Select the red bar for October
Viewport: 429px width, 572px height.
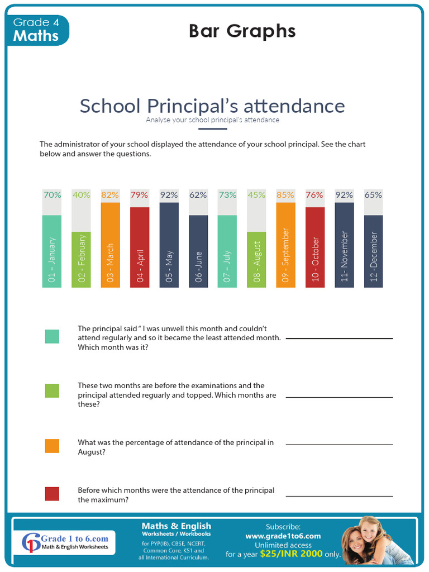pyautogui.click(x=315, y=247)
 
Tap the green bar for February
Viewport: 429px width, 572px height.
pyautogui.click(x=81, y=260)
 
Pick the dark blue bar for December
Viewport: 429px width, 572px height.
pyautogui.click(x=374, y=251)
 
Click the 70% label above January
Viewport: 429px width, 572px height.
pyautogui.click(x=52, y=195)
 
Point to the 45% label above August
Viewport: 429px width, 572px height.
pyautogui.click(x=256, y=195)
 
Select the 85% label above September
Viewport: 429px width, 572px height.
pyautogui.click(x=285, y=195)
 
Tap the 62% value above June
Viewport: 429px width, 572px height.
pyautogui.click(x=198, y=195)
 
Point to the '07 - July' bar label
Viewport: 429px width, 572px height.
pyautogui.click(x=227, y=265)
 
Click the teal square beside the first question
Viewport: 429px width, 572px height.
pyautogui.click(x=52, y=336)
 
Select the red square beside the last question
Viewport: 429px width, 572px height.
pyautogui.click(x=52, y=494)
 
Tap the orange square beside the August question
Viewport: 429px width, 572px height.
pyautogui.click(x=52, y=446)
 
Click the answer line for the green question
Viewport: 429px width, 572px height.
pyautogui.click(x=339, y=397)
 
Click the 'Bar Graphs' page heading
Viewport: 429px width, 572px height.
pyautogui.click(x=242, y=31)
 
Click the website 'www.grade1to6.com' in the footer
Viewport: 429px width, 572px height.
pyautogui.click(x=283, y=536)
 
